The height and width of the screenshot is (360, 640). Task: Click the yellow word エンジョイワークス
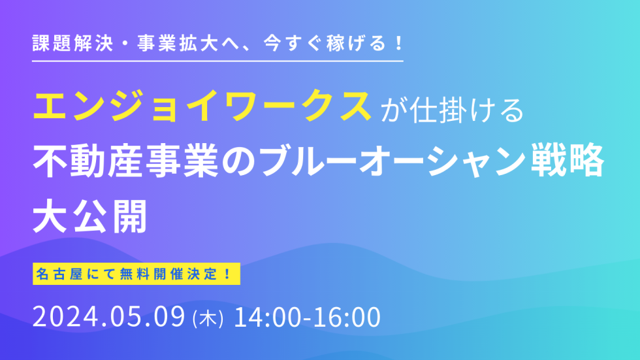click(202, 106)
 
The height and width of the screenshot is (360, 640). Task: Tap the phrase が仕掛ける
click(452, 110)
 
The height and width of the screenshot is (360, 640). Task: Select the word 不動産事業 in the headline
click(125, 161)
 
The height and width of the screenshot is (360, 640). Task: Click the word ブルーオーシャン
click(391, 161)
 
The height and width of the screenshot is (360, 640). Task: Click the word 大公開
click(90, 216)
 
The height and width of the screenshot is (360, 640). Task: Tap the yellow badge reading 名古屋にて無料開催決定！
click(136, 274)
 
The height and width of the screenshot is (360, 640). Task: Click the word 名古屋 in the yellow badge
click(59, 274)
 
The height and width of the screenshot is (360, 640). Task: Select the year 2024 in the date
click(66, 317)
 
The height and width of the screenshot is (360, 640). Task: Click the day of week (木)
click(208, 318)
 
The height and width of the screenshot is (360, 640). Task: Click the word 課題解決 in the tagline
click(72, 43)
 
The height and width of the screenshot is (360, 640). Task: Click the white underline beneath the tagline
click(218, 61)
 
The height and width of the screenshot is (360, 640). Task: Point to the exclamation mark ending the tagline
click(399, 43)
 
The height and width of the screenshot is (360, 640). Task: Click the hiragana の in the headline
click(238, 161)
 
